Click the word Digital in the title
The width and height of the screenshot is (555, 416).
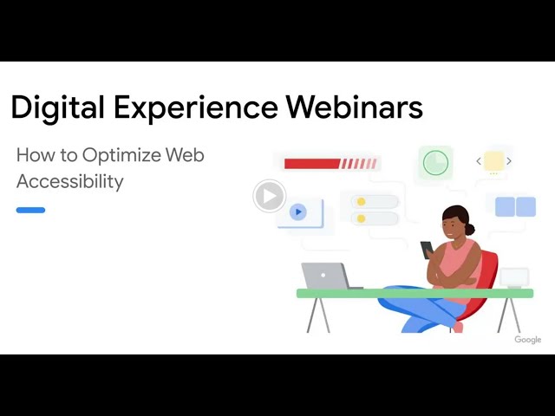(57, 107)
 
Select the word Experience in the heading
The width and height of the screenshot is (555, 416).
(195, 107)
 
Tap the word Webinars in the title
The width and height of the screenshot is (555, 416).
(355, 107)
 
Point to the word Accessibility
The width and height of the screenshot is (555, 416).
(69, 182)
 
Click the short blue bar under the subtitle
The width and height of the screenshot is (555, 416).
(30, 210)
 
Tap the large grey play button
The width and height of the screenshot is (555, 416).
(270, 196)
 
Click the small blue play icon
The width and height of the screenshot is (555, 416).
(298, 211)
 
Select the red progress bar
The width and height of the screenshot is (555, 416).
(330, 164)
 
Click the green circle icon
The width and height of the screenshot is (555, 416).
(435, 163)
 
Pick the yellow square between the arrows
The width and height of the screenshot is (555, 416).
(493, 161)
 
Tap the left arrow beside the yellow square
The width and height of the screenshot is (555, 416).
(479, 161)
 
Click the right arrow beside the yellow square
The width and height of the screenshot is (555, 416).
(509, 161)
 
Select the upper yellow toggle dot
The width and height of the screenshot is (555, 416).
(361, 202)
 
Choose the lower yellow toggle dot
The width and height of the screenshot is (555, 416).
(361, 218)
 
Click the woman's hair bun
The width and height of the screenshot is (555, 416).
(470, 230)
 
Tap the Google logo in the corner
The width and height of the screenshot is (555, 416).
(528, 340)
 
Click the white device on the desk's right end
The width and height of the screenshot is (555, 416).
(514, 278)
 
